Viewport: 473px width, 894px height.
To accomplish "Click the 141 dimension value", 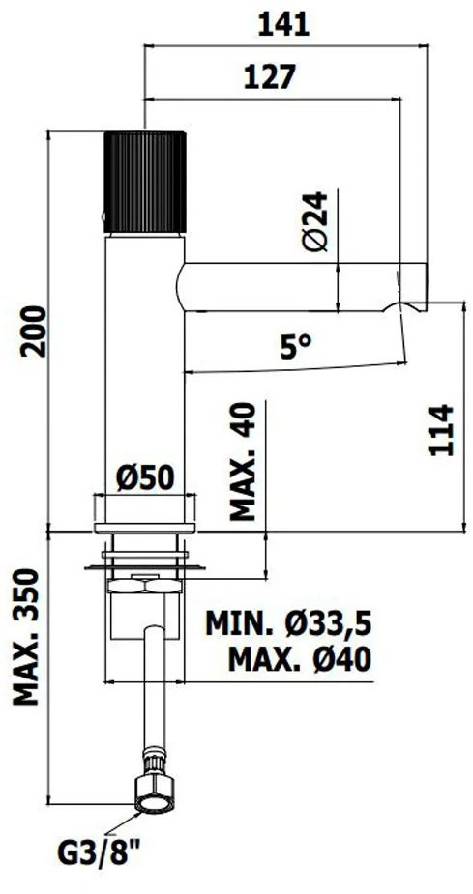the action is click(x=283, y=25).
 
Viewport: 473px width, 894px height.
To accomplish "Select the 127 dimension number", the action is click(x=271, y=77).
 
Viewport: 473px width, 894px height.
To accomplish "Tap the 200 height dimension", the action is click(x=33, y=332).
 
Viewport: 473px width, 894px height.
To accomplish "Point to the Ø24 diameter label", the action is click(x=315, y=221).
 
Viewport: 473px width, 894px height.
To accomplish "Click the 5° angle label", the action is click(x=297, y=346).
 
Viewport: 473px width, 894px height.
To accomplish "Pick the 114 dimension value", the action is click(x=441, y=430).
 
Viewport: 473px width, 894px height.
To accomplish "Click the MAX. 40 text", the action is click(x=242, y=461).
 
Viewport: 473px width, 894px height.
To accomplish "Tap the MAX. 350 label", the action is click(x=26, y=637).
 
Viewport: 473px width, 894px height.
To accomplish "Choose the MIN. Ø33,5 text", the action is click(x=288, y=623).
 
